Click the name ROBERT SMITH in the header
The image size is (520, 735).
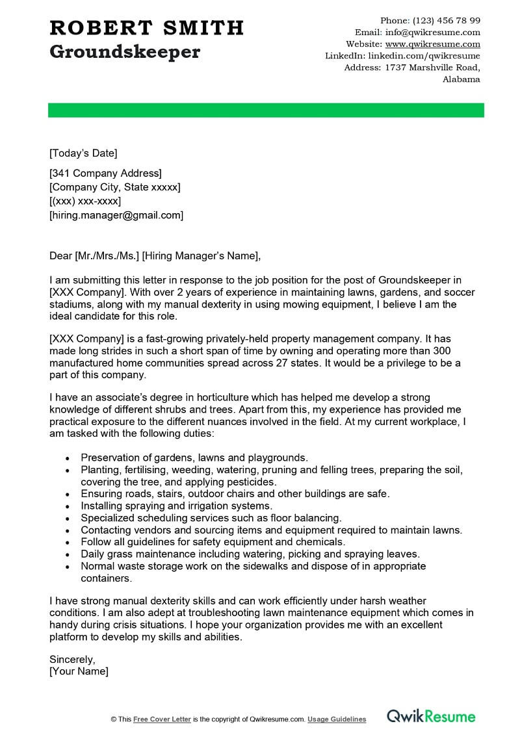click(146, 28)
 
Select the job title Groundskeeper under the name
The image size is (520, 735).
click(125, 52)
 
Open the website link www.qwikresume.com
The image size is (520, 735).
click(432, 44)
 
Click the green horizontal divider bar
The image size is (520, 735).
click(266, 110)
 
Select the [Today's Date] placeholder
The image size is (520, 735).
click(83, 153)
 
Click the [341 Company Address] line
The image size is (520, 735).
click(105, 173)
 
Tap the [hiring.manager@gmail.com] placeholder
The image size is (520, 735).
click(116, 215)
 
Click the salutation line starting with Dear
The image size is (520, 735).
click(155, 256)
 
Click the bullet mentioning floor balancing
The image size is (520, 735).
click(211, 518)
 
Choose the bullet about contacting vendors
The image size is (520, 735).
click(271, 530)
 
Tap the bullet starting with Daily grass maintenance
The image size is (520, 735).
click(250, 554)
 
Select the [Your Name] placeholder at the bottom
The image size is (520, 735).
click(79, 671)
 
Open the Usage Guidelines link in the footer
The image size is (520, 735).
click(337, 719)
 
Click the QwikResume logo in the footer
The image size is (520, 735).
click(431, 717)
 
